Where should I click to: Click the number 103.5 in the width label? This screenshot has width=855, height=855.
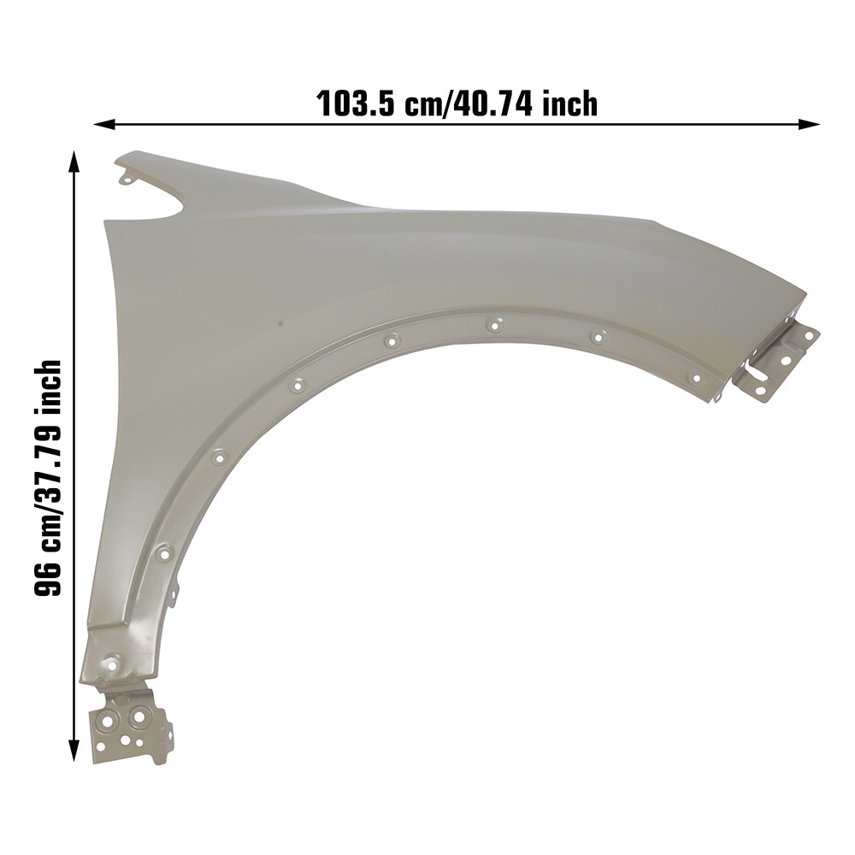coord(356,103)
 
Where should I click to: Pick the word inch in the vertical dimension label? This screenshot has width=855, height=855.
coord(47,385)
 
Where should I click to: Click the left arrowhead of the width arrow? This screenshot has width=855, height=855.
coord(104,126)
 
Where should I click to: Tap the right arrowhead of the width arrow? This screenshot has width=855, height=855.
coord(809,124)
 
